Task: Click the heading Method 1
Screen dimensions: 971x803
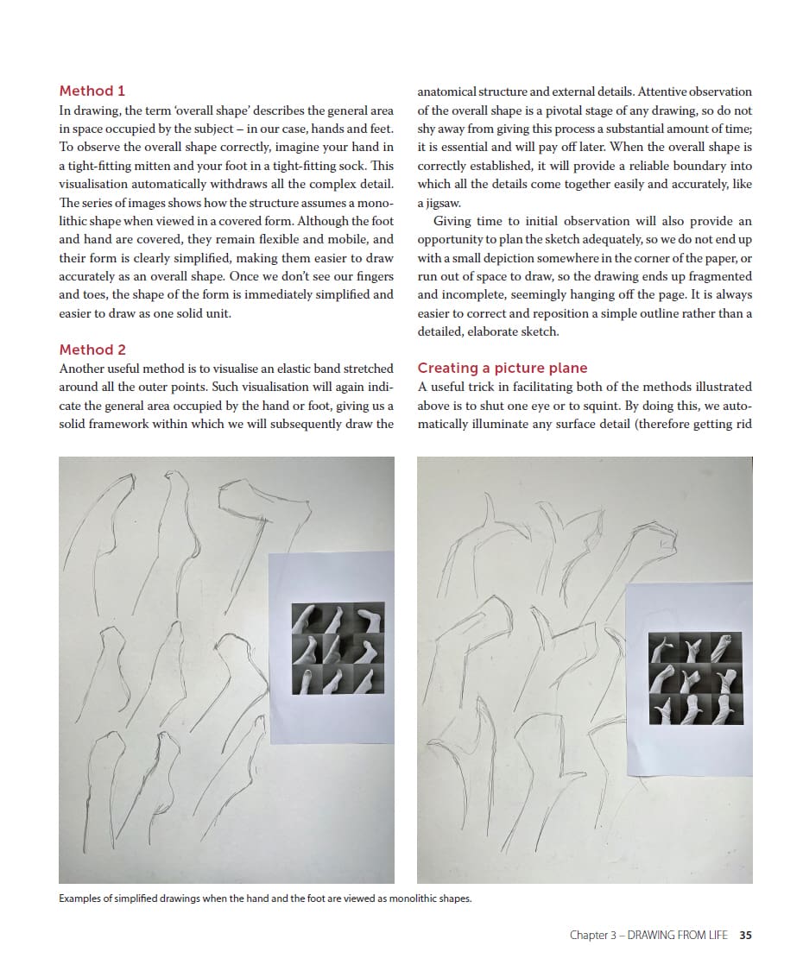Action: pyautogui.click(x=92, y=91)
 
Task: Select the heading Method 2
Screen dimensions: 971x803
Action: pyautogui.click(x=92, y=350)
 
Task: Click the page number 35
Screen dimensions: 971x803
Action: pyautogui.click(x=746, y=935)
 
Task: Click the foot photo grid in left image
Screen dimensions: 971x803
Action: pyautogui.click(x=338, y=648)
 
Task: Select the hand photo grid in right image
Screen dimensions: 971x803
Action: pyautogui.click(x=695, y=678)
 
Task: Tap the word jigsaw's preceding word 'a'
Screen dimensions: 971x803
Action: pyautogui.click(x=420, y=203)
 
